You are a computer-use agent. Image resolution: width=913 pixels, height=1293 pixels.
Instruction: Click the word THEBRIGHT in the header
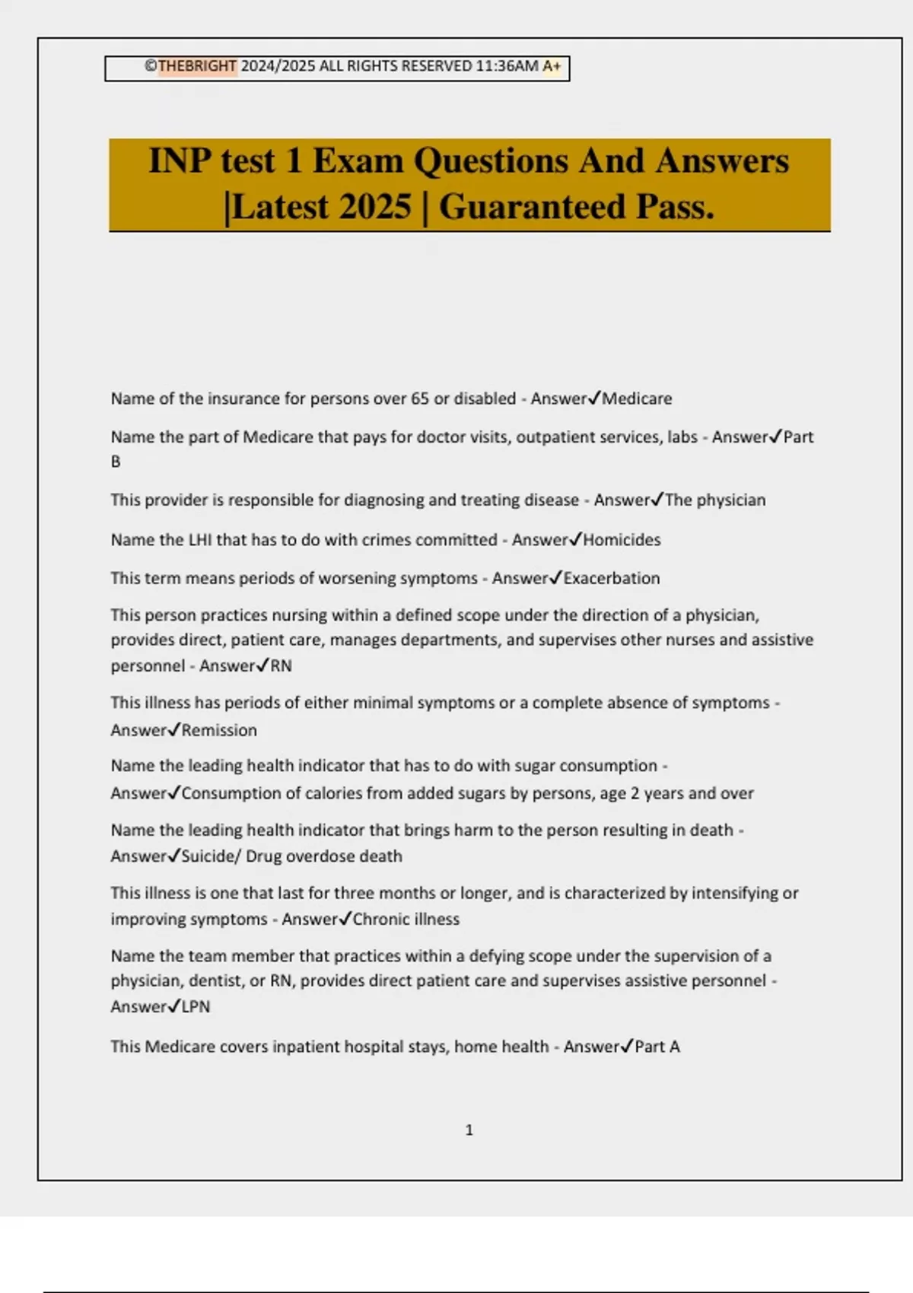[197, 66]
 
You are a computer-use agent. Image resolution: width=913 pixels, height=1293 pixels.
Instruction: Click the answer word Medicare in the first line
[637, 399]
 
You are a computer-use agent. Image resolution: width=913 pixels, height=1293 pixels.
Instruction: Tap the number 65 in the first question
[420, 399]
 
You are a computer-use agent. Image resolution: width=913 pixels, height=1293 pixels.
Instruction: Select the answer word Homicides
[622, 540]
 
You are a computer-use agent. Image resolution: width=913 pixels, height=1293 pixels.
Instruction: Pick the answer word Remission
[219, 730]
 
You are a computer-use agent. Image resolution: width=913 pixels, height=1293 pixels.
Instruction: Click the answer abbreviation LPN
[196, 1007]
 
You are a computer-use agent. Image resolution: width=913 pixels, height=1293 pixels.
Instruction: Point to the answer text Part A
[657, 1047]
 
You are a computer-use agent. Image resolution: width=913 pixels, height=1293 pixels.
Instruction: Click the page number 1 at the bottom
[469, 1130]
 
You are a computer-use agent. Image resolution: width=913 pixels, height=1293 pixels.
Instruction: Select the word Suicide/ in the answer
[211, 856]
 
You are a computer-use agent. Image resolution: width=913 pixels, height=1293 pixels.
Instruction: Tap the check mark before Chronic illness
[345, 918]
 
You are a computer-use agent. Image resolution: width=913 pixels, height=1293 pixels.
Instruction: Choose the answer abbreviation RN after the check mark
[281, 666]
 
